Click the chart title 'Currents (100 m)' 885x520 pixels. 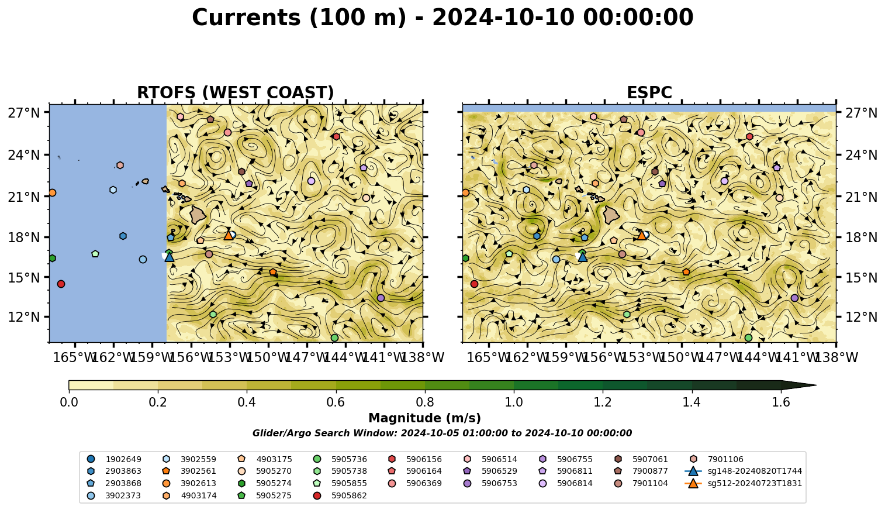(x=299, y=18)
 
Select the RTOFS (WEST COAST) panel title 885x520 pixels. (x=236, y=92)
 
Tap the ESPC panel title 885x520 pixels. (x=649, y=92)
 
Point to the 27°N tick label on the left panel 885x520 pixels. (x=24, y=113)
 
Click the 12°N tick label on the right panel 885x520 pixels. (x=861, y=317)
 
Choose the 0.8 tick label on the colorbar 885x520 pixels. (x=425, y=402)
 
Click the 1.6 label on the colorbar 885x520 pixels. (x=781, y=402)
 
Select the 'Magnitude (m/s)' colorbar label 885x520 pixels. (x=425, y=418)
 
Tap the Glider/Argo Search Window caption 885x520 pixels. (x=442, y=433)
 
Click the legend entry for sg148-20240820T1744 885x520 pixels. (x=743, y=471)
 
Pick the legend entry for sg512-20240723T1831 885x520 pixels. (x=743, y=484)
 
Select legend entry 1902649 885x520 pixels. (x=114, y=459)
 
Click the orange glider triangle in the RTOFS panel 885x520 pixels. (x=229, y=235)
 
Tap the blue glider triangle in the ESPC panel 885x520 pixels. (x=582, y=257)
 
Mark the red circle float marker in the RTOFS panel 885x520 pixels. (x=61, y=284)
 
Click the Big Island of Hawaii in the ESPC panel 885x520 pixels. (x=611, y=215)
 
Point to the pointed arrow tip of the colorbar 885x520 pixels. (x=815, y=385)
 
